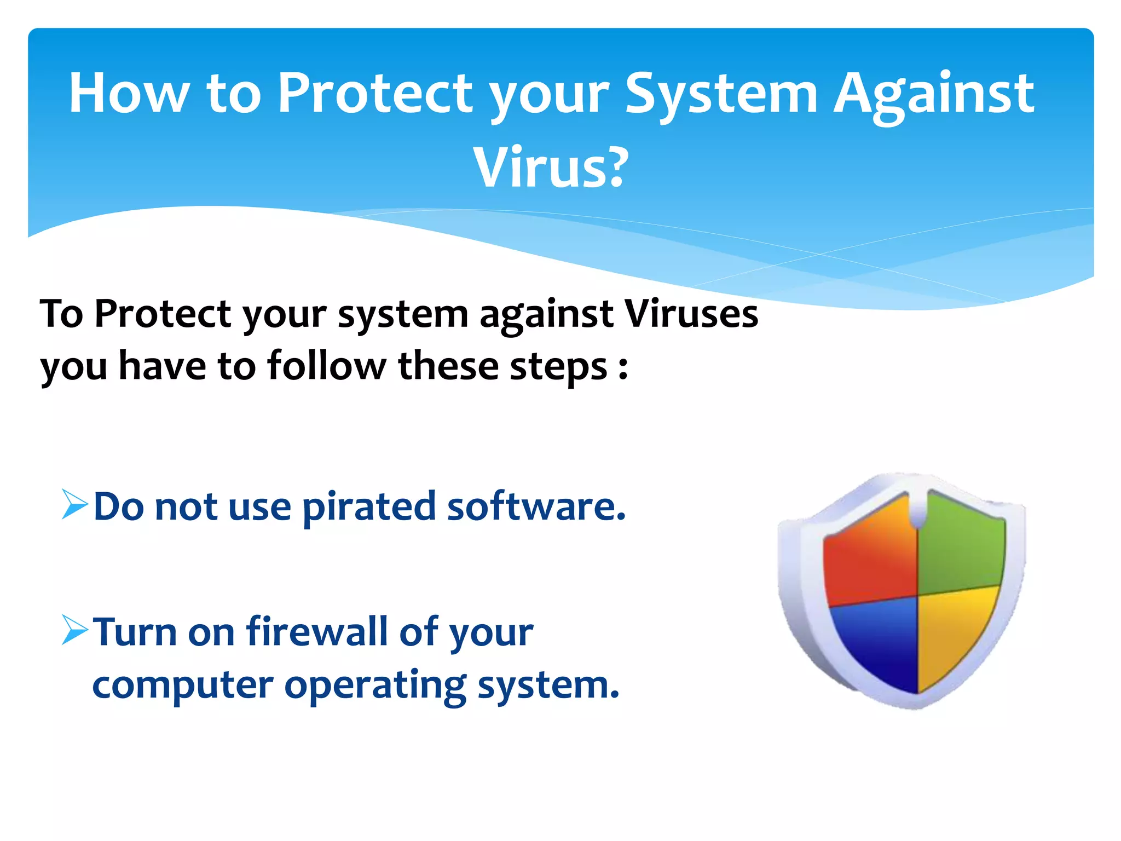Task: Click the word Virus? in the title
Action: pyautogui.click(x=551, y=168)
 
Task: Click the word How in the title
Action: pyautogui.click(x=129, y=94)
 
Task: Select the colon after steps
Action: pyautogui.click(x=623, y=367)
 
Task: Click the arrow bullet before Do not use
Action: pyautogui.click(x=74, y=504)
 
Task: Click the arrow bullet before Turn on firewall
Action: pyautogui.click(x=74, y=630)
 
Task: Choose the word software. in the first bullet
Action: pyautogui.click(x=536, y=506)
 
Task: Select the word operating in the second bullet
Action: pyautogui.click(x=375, y=686)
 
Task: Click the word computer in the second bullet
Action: pyautogui.click(x=183, y=686)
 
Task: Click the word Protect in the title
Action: pyautogui.click(x=375, y=94)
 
